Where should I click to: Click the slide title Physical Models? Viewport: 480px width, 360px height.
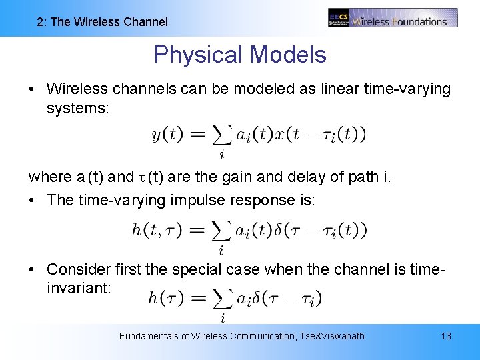pos(240,55)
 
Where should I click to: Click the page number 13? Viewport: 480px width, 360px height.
pos(446,336)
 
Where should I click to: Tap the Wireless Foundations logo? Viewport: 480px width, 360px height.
pos(393,18)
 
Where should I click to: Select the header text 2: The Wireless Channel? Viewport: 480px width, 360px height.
pos(103,22)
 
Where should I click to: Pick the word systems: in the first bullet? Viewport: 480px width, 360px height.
pos(77,107)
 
